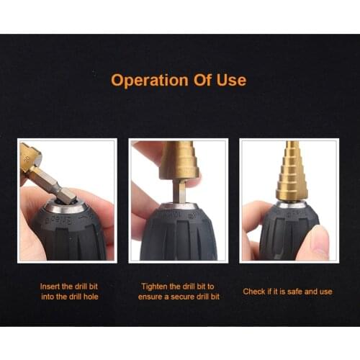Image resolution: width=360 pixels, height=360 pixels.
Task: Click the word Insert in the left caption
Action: tap(50, 286)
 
